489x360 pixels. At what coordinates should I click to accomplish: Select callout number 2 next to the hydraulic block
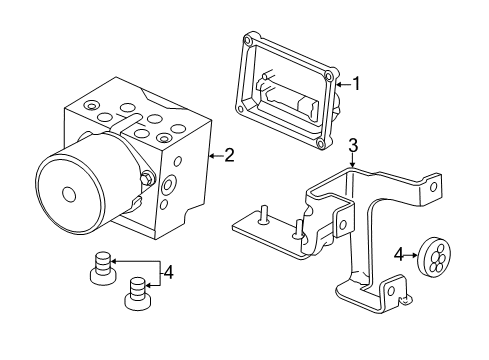[229, 155]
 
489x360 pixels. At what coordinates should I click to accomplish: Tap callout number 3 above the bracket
[353, 147]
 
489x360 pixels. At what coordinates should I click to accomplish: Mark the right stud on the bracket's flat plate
[297, 231]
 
